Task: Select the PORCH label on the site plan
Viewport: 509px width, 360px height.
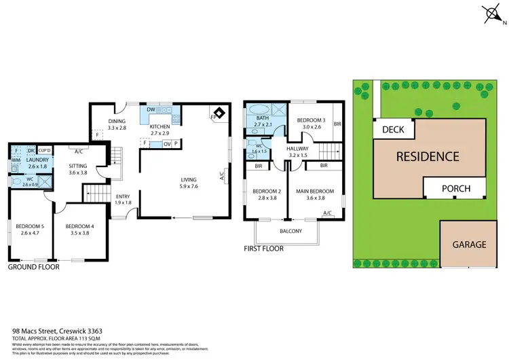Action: click(x=456, y=187)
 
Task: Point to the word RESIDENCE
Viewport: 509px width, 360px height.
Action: click(x=427, y=156)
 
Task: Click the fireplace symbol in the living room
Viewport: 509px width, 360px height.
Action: click(x=219, y=114)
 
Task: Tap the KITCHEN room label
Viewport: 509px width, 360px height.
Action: click(x=159, y=127)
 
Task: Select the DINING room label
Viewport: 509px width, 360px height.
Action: click(x=117, y=124)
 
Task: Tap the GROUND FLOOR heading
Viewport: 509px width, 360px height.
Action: click(x=33, y=267)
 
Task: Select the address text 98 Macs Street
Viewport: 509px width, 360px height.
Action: click(x=48, y=330)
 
